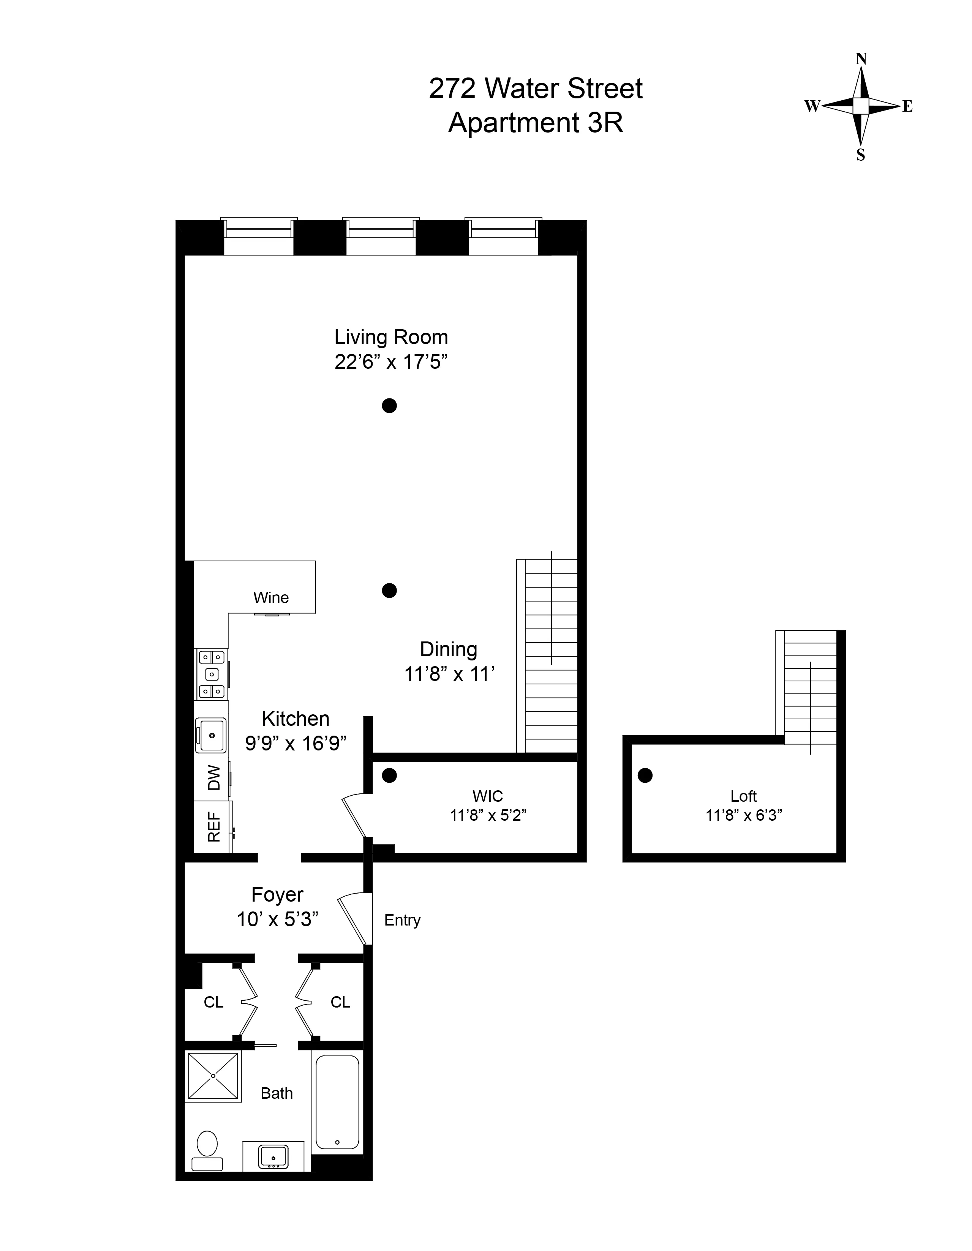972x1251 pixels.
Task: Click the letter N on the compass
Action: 860,59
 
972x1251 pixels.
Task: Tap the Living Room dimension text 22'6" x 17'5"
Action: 390,362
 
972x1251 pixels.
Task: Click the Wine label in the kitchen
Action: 271,597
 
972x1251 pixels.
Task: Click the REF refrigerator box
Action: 213,826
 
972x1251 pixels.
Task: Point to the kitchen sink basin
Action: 211,735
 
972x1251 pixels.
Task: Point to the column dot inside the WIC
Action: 389,776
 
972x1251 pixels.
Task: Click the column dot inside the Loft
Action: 645,776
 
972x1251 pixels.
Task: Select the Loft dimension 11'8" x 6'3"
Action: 743,815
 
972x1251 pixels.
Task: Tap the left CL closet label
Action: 213,1002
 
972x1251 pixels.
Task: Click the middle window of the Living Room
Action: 381,237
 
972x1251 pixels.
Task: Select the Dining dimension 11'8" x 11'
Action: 449,674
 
